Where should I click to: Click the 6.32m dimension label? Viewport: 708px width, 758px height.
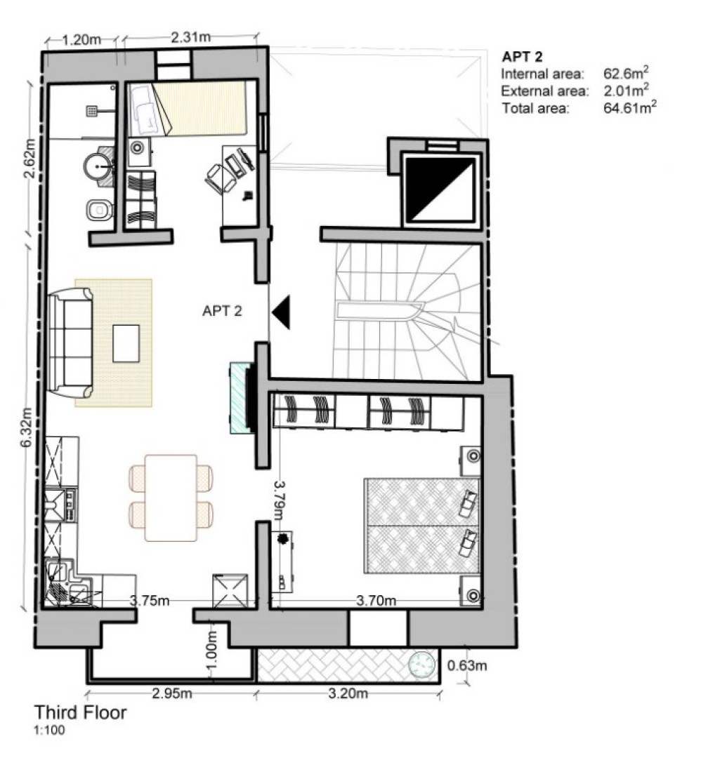click(27, 427)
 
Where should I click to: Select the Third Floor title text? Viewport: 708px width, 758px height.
click(81, 713)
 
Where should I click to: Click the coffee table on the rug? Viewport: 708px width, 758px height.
click(126, 343)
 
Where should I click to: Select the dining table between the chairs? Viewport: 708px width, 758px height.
click(170, 498)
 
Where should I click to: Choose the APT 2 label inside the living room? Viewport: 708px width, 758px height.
click(221, 311)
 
